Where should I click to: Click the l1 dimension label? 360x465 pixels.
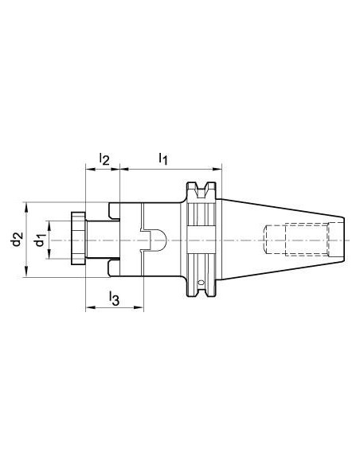pyautogui.click(x=163, y=158)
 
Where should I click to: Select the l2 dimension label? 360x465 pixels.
pyautogui.click(x=104, y=158)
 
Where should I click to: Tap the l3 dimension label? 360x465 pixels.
pyautogui.click(x=114, y=299)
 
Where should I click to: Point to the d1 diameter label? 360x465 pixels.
pyautogui.click(x=40, y=240)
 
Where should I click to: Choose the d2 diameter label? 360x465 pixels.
pyautogui.click(x=17, y=240)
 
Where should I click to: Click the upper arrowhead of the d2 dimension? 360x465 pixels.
pyautogui.click(x=27, y=208)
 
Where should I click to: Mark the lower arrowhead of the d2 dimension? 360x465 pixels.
pyautogui.click(x=27, y=272)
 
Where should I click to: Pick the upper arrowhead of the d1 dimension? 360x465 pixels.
pyautogui.click(x=49, y=226)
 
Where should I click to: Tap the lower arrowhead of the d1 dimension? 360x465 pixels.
pyautogui.click(x=49, y=254)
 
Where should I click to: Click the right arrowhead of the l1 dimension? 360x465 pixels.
pyautogui.click(x=217, y=170)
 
